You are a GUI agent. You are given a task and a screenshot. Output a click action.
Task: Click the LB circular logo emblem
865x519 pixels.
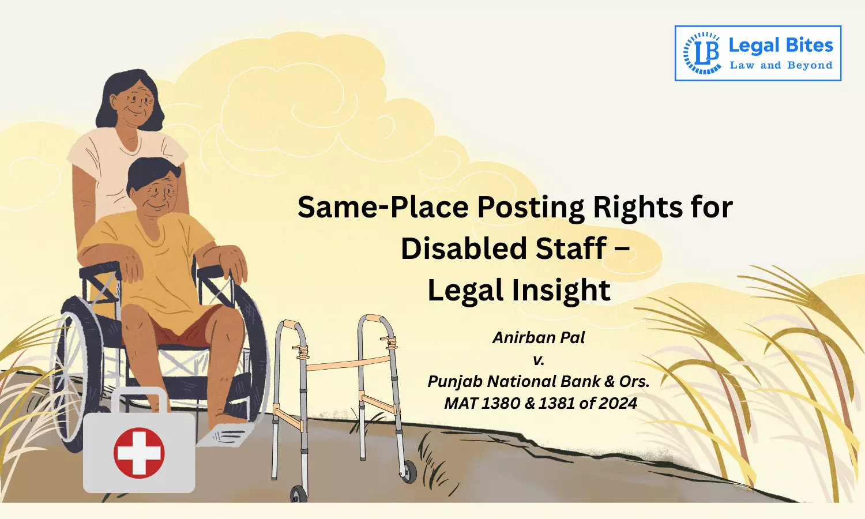[702, 53]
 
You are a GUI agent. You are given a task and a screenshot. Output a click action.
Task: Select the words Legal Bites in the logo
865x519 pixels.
[781, 46]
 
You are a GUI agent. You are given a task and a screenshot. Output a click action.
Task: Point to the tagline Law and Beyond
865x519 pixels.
[781, 66]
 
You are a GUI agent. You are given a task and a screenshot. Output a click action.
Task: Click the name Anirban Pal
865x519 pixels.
[539, 337]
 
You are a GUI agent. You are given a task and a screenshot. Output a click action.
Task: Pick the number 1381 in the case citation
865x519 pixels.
[556, 403]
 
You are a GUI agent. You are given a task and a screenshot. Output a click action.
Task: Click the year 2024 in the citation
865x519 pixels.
[618, 403]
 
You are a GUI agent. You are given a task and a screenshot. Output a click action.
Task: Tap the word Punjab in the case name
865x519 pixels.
[455, 381]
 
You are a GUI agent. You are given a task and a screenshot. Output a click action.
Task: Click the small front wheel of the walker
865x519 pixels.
[409, 472]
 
